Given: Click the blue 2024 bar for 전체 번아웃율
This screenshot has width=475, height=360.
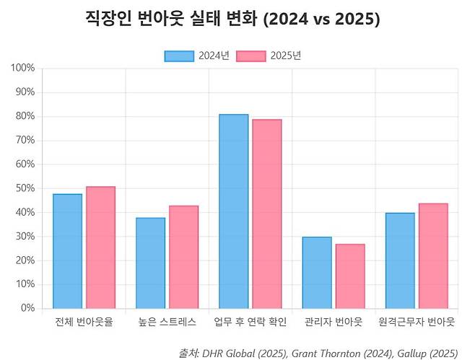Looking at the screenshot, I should pyautogui.click(x=67, y=251).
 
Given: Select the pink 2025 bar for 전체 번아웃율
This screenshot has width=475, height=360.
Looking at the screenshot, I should pyautogui.click(x=100, y=247).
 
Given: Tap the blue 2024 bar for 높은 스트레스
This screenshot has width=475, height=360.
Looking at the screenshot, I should pyautogui.click(x=150, y=263).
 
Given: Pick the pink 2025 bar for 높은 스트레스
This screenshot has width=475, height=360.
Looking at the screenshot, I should pyautogui.click(x=183, y=257).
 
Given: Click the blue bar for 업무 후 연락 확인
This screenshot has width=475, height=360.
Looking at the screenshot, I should pyautogui.click(x=233, y=211).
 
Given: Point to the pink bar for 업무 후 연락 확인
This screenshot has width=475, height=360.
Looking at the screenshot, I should pyautogui.click(x=266, y=214).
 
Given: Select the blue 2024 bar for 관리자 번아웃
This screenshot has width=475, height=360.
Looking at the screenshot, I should pyautogui.click(x=316, y=273).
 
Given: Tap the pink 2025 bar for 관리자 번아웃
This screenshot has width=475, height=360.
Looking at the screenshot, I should pyautogui.click(x=349, y=276).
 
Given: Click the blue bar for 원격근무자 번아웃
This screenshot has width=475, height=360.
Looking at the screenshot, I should pyautogui.click(x=399, y=260).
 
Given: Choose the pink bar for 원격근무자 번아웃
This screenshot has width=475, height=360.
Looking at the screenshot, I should pyautogui.click(x=432, y=256).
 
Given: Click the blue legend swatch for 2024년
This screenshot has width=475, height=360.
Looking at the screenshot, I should pyautogui.click(x=179, y=56).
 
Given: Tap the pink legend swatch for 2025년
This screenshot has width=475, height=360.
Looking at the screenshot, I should pyautogui.click(x=252, y=56).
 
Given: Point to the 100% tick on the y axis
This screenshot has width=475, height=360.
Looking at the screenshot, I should pyautogui.click(x=23, y=69).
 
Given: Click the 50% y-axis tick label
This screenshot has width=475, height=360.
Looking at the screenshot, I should pyautogui.click(x=25, y=188).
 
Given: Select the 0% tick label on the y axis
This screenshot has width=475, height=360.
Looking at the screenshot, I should pyautogui.click(x=27, y=308).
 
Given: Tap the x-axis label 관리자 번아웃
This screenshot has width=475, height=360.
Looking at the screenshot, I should pyautogui.click(x=333, y=322).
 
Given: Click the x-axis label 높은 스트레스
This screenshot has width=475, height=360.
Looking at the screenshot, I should pyautogui.click(x=167, y=322).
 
